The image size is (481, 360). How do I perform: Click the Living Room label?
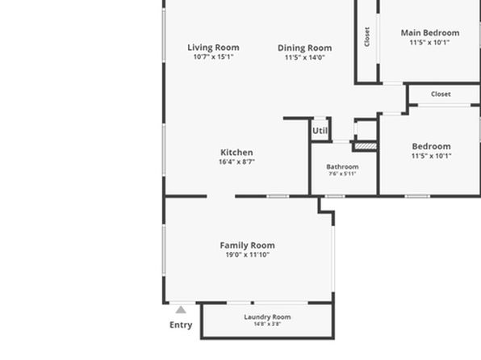213,48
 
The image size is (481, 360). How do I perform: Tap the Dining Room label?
304,48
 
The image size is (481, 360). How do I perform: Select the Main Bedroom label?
430,33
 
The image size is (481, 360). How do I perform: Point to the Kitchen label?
236,153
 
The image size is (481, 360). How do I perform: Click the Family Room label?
247,245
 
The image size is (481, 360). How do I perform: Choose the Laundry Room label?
267,317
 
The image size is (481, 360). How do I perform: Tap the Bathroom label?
342,166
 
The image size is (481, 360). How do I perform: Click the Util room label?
320,131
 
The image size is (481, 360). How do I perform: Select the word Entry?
181,324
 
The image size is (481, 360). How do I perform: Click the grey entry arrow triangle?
181,310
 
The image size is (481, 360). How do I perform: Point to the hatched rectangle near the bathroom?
366,146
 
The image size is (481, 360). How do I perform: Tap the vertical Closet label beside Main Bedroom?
367,37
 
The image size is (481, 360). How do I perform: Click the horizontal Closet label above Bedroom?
441,94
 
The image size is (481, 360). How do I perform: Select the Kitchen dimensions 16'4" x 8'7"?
236,161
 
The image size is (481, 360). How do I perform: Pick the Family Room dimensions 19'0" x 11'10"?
248,254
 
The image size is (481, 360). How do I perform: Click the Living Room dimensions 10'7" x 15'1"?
213,57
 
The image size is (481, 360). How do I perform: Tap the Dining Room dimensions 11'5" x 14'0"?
304,57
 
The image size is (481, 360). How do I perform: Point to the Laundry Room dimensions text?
267,324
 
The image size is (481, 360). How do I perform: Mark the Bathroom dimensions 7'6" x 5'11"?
342,174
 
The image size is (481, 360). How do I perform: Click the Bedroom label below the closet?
431,146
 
